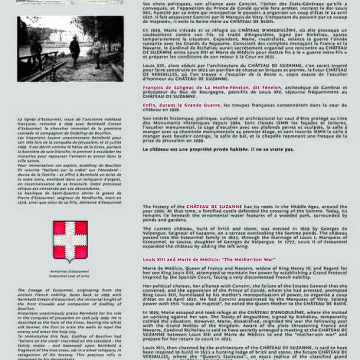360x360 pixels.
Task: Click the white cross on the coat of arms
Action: point(70,240)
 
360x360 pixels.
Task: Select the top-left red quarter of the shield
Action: point(61,228)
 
